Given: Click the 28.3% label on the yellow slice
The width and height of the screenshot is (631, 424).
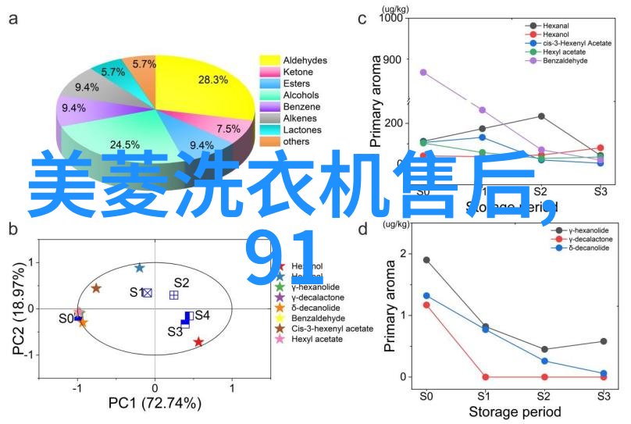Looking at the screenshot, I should click(x=212, y=80).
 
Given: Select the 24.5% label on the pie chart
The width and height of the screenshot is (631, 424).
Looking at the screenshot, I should click(x=124, y=144).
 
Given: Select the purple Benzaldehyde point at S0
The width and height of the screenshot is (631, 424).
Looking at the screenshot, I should click(x=423, y=72).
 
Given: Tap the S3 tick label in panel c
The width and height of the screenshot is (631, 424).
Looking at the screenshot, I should click(x=601, y=191).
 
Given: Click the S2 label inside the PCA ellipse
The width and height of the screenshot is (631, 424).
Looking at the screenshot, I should click(x=181, y=283).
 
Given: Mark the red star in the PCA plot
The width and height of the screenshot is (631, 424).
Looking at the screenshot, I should click(x=198, y=342).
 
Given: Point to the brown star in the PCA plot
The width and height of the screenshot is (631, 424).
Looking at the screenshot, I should click(x=96, y=288).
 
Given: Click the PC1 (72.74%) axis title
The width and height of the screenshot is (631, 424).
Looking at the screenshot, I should click(x=155, y=404).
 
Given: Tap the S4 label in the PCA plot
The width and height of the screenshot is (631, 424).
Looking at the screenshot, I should click(x=202, y=315).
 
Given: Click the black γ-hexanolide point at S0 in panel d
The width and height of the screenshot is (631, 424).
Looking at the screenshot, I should click(x=426, y=260).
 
